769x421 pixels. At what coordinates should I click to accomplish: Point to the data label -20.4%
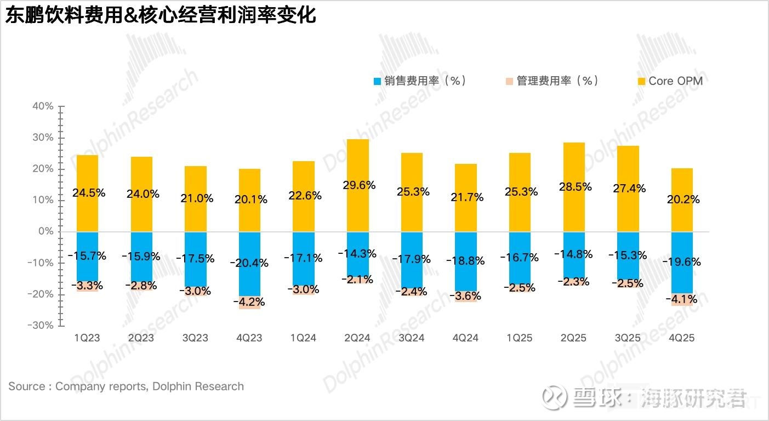coord(249,263)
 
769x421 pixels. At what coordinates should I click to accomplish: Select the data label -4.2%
coord(249,302)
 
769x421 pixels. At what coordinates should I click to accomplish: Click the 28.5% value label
coord(574,186)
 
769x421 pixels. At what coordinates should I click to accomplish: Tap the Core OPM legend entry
coord(670,81)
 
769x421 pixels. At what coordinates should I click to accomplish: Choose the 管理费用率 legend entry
coord(551,81)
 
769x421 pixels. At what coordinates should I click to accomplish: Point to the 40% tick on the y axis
coord(43,106)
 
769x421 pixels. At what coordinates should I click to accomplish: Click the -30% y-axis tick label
coord(41,325)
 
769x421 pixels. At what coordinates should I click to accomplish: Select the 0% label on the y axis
coord(46,231)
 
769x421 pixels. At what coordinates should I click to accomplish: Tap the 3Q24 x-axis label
coord(412,338)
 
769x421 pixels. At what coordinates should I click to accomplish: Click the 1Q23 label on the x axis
coord(87,338)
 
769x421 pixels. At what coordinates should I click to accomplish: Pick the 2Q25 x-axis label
coord(574,338)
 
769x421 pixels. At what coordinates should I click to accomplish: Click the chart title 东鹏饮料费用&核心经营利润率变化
coord(161,15)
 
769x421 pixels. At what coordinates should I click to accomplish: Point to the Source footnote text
coord(126,386)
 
